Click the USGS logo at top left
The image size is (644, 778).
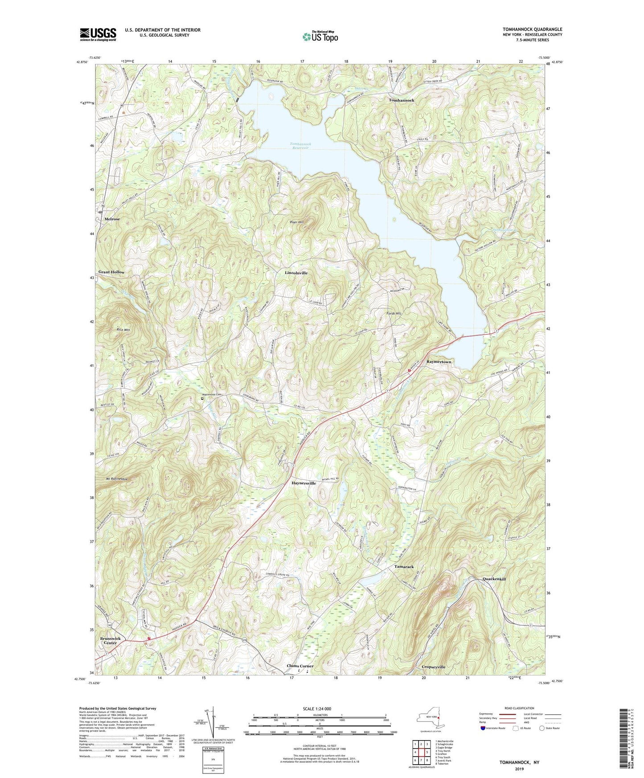(x=98, y=34)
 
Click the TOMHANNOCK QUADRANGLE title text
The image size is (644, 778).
(x=532, y=29)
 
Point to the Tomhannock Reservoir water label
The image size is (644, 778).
(x=299, y=146)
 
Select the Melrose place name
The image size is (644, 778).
(x=112, y=219)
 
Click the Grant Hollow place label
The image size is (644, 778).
(x=111, y=272)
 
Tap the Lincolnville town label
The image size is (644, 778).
(x=296, y=273)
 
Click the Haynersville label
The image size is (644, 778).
(x=304, y=483)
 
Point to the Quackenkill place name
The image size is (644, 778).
(x=494, y=579)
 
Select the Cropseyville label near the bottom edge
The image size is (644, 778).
(x=433, y=667)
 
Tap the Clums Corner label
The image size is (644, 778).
(x=300, y=666)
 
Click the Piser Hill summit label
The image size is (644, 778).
(x=296, y=222)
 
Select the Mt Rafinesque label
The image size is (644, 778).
(x=117, y=479)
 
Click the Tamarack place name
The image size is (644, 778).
(x=404, y=567)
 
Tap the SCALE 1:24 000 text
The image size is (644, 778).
(x=317, y=709)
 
